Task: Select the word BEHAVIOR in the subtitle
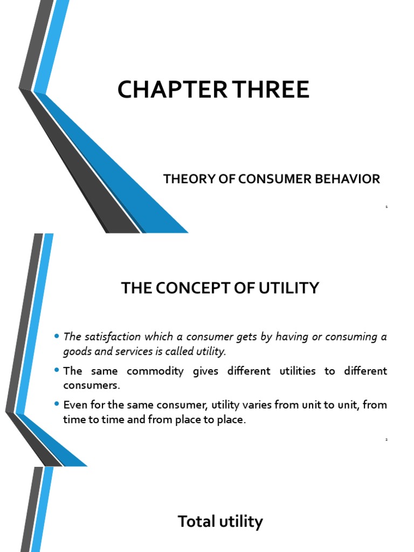tap(351, 179)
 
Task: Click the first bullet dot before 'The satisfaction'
tap(57, 337)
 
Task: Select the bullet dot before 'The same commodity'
tap(57, 371)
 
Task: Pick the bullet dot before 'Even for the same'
tap(57, 405)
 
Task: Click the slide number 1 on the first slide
tap(387, 206)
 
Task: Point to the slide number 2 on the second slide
tap(387, 440)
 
